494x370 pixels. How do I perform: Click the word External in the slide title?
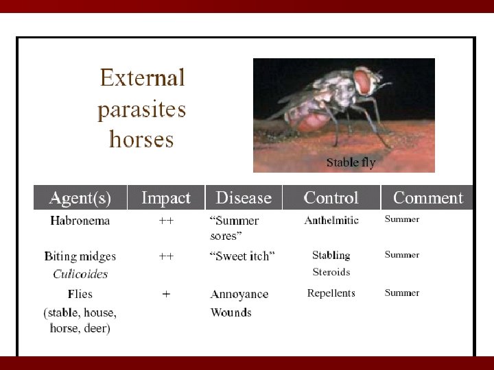coord(142,77)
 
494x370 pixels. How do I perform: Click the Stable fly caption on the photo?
coord(351,162)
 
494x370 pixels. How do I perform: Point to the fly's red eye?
coord(364,82)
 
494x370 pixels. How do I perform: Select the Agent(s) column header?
coord(80,198)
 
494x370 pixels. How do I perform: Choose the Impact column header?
coord(165,198)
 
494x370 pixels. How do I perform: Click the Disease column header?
coord(244,198)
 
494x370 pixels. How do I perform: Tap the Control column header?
coord(331,198)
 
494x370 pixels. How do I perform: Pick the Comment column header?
coord(427,198)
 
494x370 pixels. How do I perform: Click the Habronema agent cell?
coord(80,221)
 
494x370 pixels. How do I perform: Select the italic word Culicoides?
coord(80,274)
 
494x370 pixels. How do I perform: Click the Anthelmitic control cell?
coord(331,220)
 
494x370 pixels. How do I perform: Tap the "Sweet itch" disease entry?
coord(242,256)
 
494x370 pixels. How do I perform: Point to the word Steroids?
coord(331,272)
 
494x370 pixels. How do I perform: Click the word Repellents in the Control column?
coord(331,293)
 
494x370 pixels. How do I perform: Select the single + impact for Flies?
coord(166,294)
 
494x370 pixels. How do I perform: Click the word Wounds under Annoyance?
coord(231,312)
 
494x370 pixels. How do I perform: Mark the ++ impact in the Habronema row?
coord(166,221)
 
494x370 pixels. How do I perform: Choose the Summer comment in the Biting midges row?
coord(401,255)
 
